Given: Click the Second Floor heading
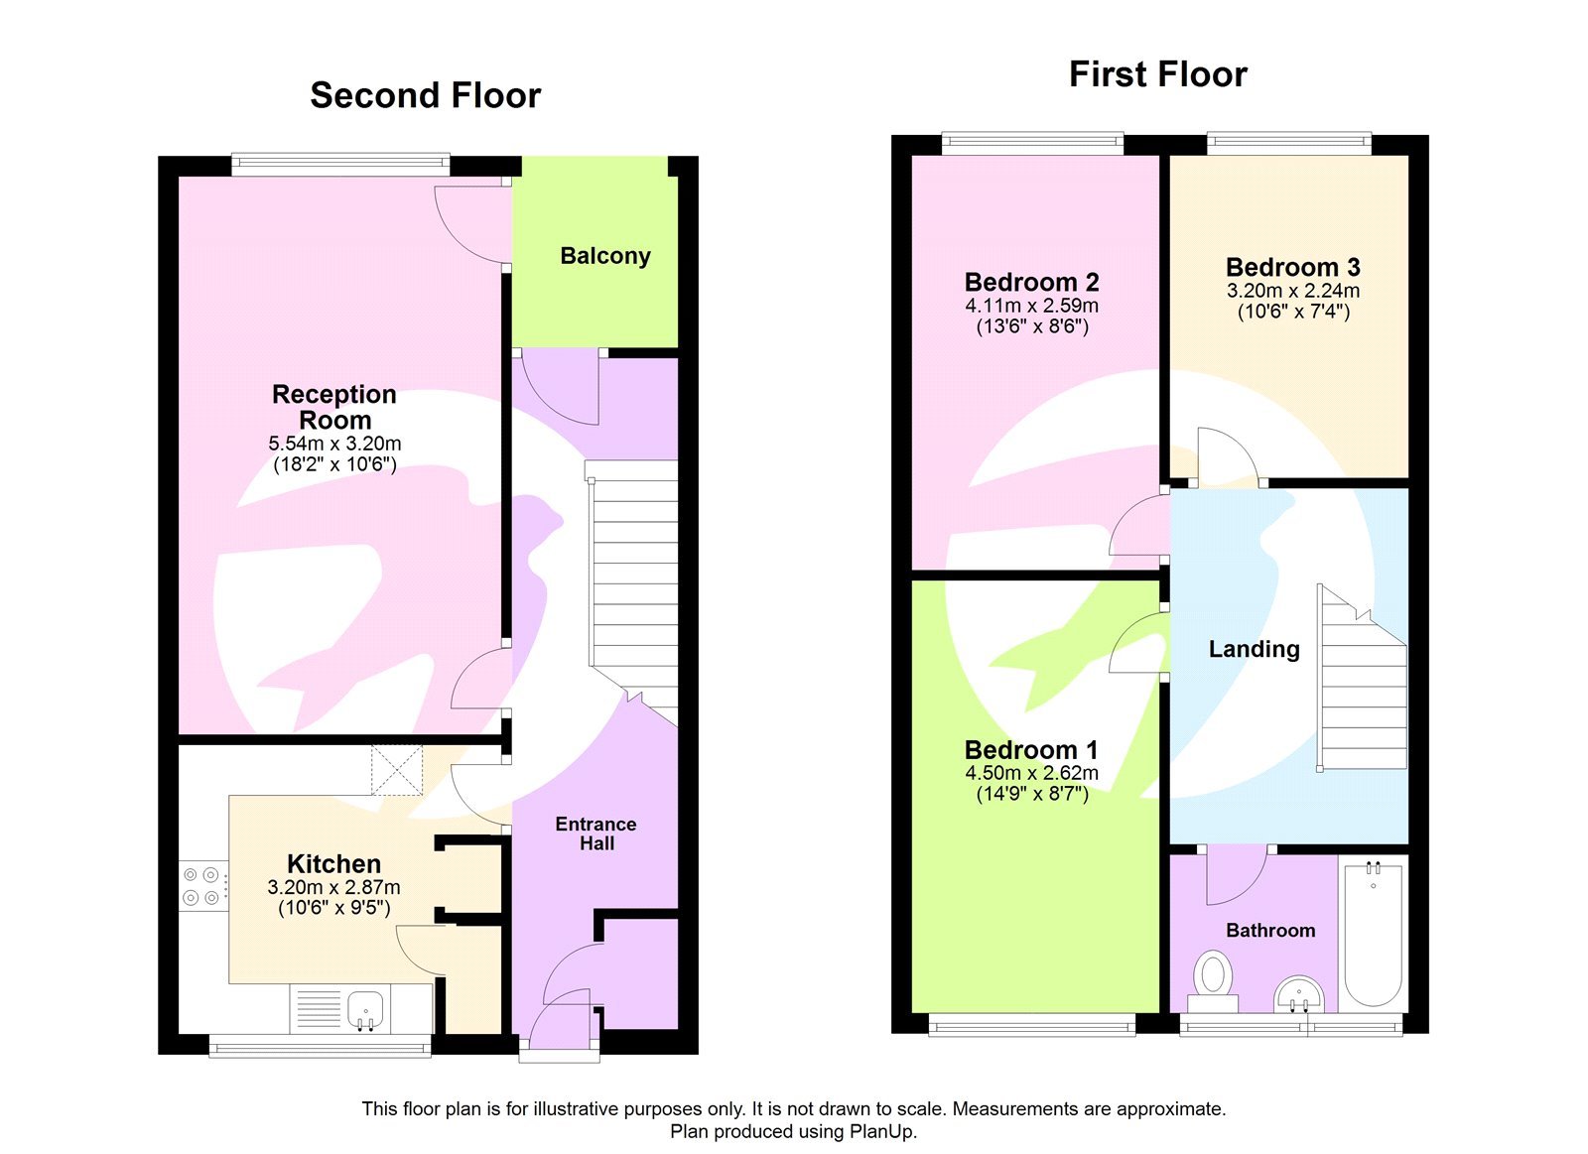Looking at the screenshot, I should pos(425,95).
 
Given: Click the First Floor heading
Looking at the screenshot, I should pos(1157,74).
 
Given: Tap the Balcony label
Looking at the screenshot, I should pos(604,256).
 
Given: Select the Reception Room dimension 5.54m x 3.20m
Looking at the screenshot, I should pos(334,444).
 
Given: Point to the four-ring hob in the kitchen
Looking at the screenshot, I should pos(201,886).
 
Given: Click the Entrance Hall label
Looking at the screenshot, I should pos(595,833).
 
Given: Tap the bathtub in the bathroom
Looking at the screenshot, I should pos(1373,933).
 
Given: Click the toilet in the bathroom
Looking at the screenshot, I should pos(1212,974).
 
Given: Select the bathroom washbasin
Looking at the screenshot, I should pos(1298,992).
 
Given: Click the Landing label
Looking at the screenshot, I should pos(1254,649).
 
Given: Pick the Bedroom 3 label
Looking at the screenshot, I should pos(1292,267).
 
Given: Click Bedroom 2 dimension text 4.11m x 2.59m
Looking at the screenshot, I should pos(1031,306).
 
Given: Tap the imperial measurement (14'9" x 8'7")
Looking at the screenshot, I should pos(1031,794).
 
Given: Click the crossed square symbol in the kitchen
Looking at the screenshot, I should pos(397,770).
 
